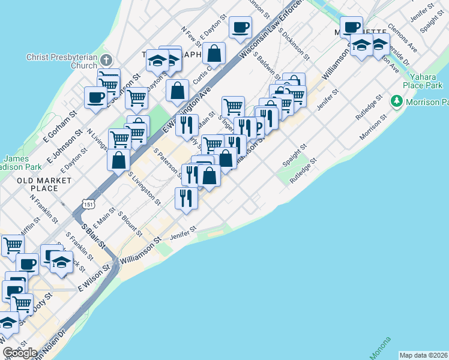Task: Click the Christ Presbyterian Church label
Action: (61, 61)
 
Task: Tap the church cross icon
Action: (106, 59)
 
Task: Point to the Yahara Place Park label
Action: (426, 80)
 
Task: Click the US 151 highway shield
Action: (89, 205)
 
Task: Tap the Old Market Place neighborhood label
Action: (38, 184)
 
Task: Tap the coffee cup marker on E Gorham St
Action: (95, 97)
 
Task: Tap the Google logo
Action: (19, 353)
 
